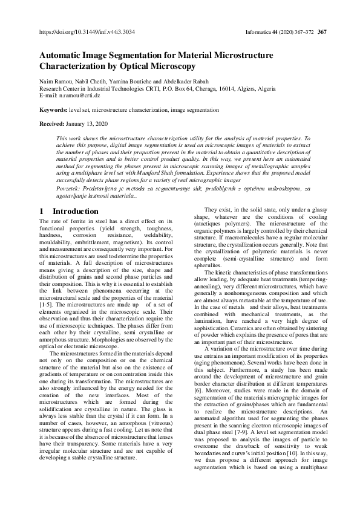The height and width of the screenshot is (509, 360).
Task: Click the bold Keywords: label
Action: pyautogui.click(x=53, y=111)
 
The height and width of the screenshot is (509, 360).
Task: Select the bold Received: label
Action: pyautogui.click(x=53, y=123)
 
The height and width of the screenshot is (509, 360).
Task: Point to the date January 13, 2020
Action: pyautogui.click(x=88, y=123)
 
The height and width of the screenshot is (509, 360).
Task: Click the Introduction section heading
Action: pyautogui.click(x=76, y=212)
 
